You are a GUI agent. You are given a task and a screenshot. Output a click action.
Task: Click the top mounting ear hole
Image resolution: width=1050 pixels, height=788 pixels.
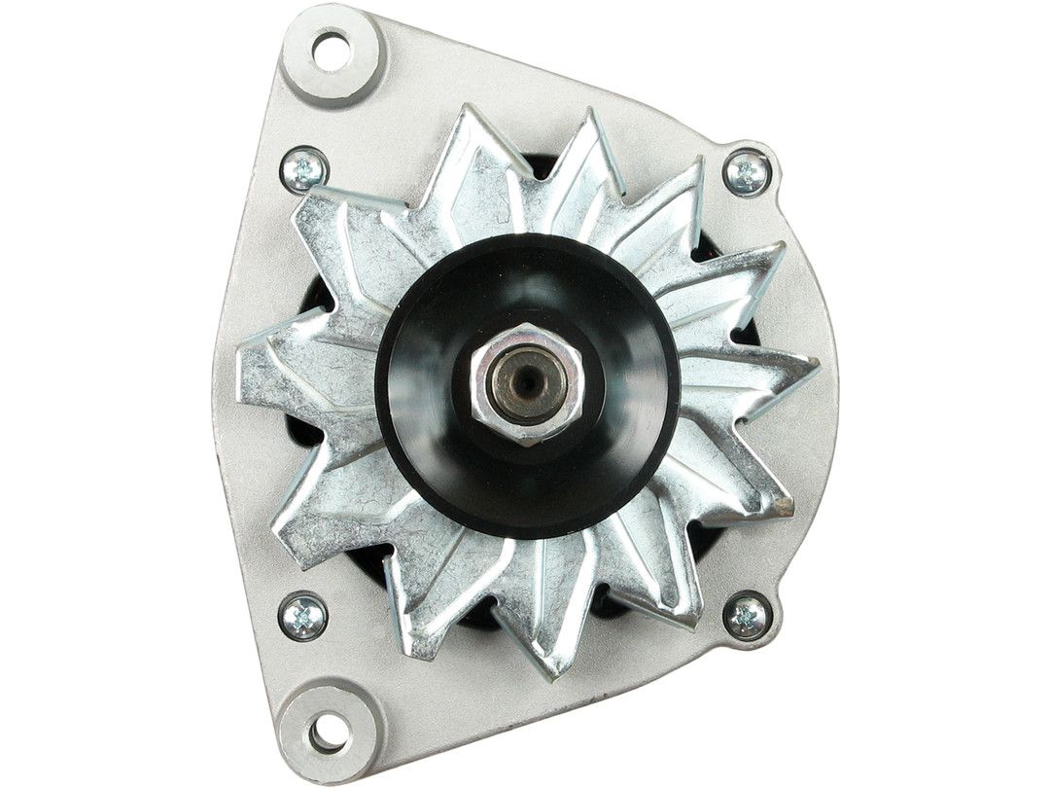(x=332, y=51)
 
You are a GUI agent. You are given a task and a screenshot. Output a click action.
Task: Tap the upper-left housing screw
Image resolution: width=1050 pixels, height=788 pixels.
(x=303, y=171)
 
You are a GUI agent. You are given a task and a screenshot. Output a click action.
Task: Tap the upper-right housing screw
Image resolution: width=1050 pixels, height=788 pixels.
(x=748, y=174)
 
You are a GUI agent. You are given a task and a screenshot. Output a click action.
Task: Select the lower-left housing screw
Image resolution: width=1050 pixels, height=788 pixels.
(x=301, y=616)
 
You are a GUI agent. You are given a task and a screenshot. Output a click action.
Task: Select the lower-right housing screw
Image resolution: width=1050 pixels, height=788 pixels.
(x=748, y=615)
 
